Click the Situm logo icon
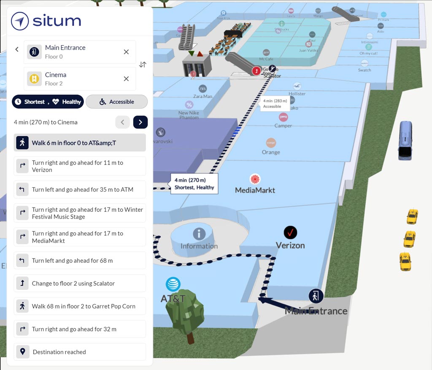(20, 21)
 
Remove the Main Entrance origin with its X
(126, 52)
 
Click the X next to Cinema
(126, 78)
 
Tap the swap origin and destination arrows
(143, 65)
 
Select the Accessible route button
(116, 102)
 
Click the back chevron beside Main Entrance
(17, 49)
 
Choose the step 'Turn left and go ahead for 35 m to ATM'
(80, 190)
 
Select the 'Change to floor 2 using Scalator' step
(80, 284)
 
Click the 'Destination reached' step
(80, 352)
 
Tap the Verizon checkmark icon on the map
(290, 232)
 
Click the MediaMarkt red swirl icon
(255, 179)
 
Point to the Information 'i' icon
(199, 234)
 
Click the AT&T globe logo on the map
(173, 284)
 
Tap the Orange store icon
(271, 143)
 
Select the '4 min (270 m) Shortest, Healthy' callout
(194, 184)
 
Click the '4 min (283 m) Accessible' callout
(274, 103)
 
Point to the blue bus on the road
(405, 140)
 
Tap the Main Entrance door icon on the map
(316, 296)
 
